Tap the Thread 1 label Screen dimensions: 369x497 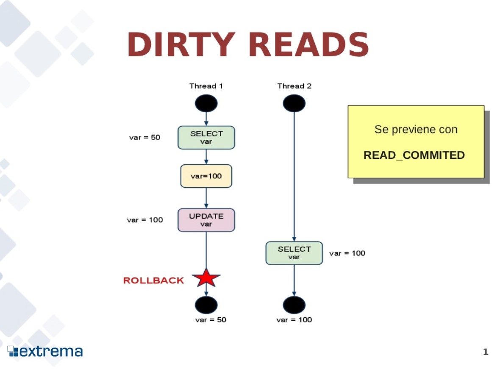[x=206, y=86]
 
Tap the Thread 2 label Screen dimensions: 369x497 [x=294, y=86]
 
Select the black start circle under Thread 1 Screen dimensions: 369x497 [x=206, y=103]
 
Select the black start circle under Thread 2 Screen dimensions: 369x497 [x=294, y=103]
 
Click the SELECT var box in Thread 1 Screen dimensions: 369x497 [x=206, y=137]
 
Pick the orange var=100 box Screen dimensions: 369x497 [x=206, y=176]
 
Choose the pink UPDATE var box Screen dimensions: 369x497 [x=206, y=220]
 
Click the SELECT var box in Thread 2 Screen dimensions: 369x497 [x=294, y=253]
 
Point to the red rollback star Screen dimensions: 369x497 [x=206, y=278]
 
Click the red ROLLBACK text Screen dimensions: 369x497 [x=153, y=280]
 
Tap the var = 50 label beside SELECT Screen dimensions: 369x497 [x=144, y=137]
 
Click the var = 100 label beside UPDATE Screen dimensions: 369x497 [x=144, y=220]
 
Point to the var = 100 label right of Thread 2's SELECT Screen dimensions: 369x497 [x=347, y=253]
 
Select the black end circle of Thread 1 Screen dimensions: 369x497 [x=206, y=305]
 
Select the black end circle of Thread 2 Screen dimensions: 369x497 [x=294, y=305]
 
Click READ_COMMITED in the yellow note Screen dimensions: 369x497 [x=414, y=155]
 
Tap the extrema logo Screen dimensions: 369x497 [x=45, y=351]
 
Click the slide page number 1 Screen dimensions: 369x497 [x=486, y=352]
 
